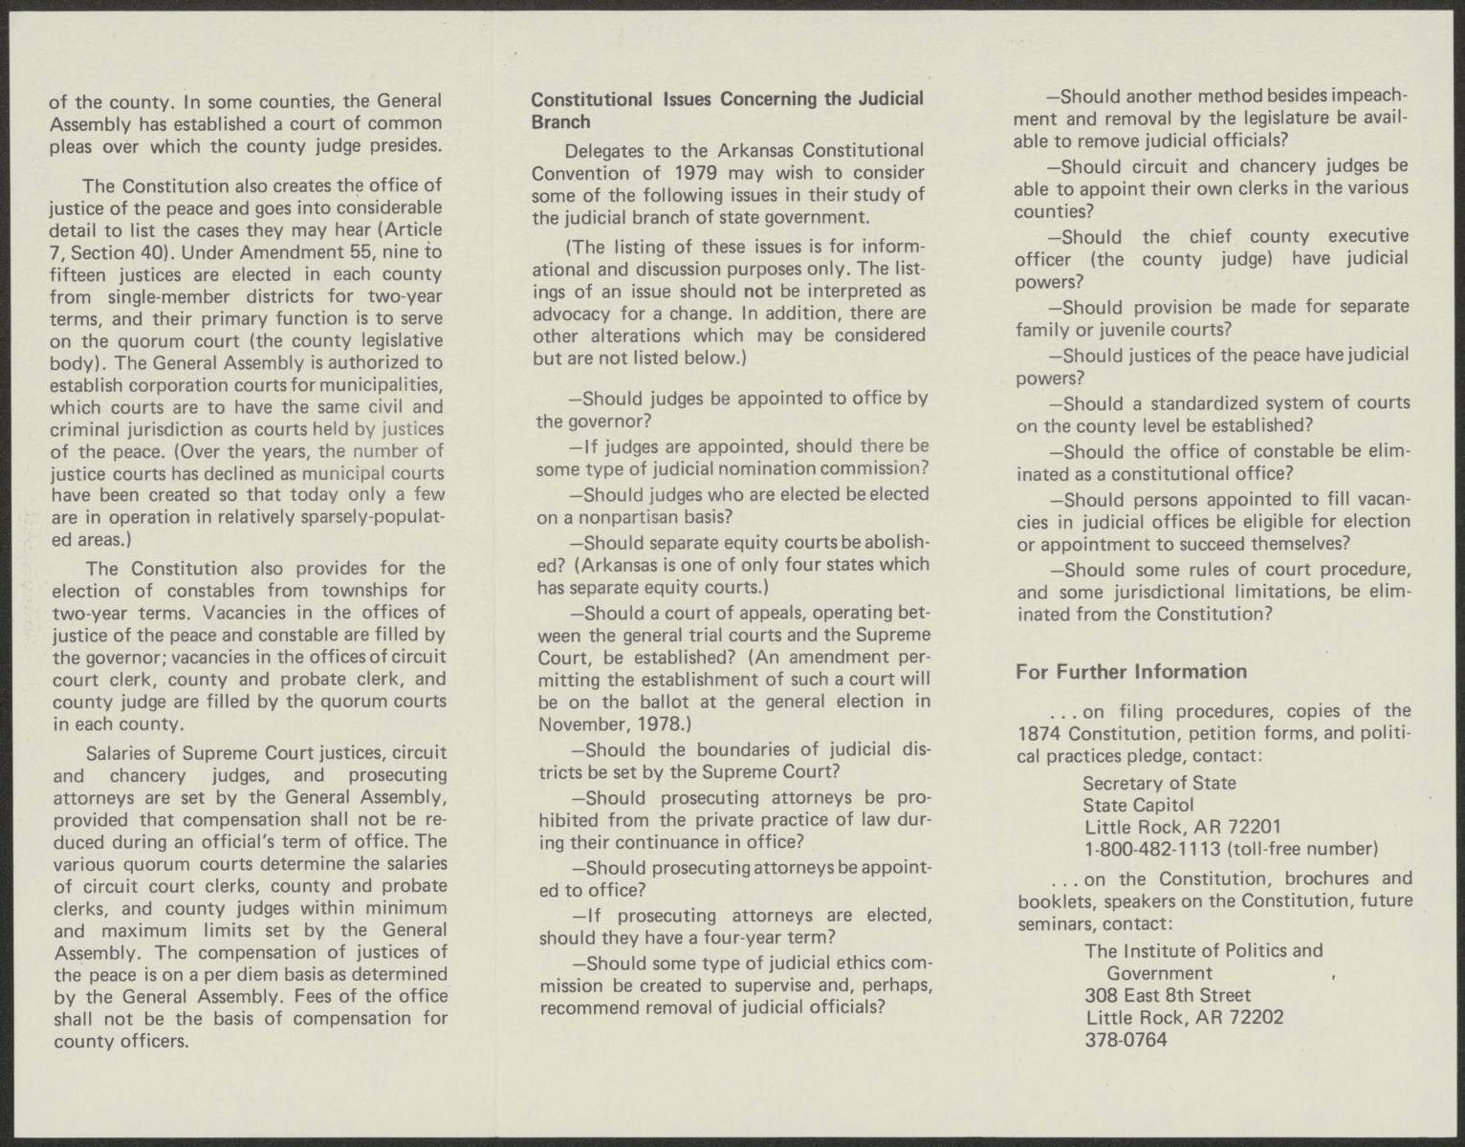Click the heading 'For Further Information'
pos(1130,672)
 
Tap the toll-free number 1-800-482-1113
pos(1152,848)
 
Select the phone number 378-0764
pos(1126,1040)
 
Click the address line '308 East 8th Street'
pos(1168,995)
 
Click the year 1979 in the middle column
pos(697,173)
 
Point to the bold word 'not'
pos(757,290)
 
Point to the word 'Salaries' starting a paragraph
pos(118,753)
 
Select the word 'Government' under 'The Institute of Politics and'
pos(1159,973)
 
